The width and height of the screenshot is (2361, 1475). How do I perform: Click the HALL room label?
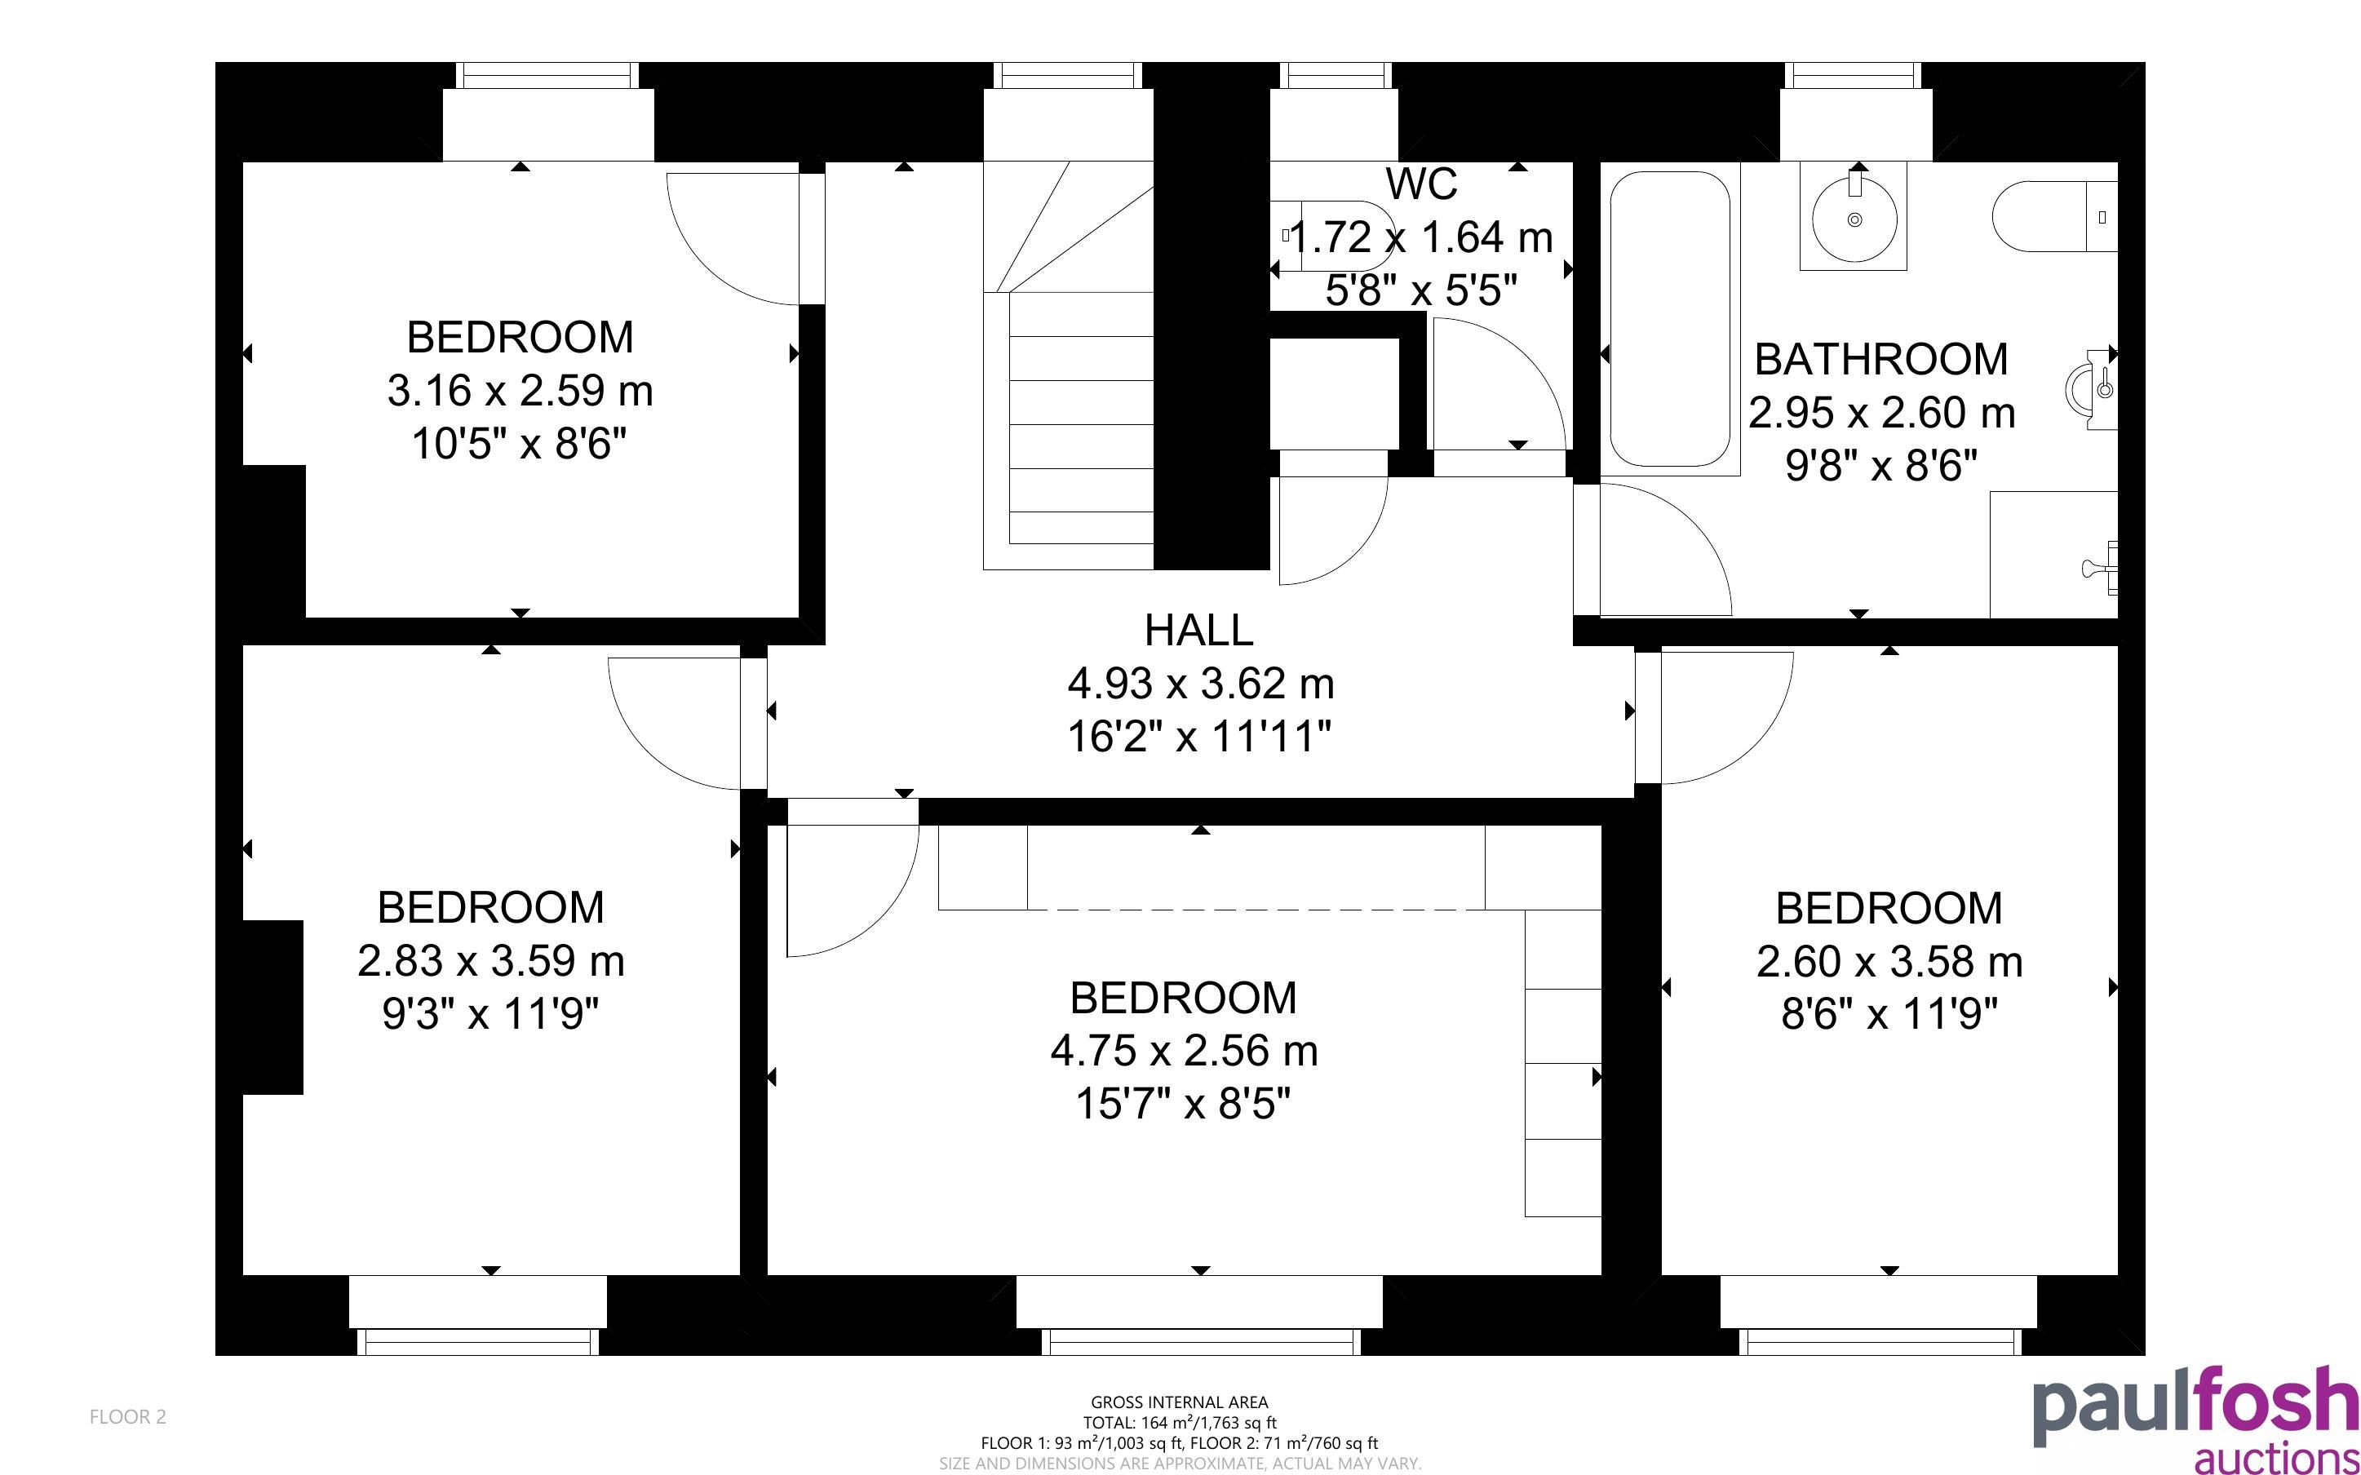[1198, 630]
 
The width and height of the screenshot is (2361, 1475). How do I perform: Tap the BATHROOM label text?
[1881, 359]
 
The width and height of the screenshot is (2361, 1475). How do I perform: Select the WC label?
[1421, 184]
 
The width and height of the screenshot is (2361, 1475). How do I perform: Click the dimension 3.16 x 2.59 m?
[520, 392]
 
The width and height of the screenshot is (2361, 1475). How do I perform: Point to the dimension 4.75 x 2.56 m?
[1184, 1051]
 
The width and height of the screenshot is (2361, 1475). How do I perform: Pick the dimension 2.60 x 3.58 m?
[1889, 962]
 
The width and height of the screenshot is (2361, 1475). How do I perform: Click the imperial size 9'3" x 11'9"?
[489, 1015]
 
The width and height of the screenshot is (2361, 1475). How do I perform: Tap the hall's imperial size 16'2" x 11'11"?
[1198, 737]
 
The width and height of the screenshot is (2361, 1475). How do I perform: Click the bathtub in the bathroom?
[1669, 320]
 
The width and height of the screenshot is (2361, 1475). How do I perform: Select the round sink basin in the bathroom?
[1854, 219]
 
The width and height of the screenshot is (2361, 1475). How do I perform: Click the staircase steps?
[1069, 365]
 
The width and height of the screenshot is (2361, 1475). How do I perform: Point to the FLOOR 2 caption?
[128, 1416]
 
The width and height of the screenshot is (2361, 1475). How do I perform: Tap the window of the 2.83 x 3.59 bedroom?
[478, 1341]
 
